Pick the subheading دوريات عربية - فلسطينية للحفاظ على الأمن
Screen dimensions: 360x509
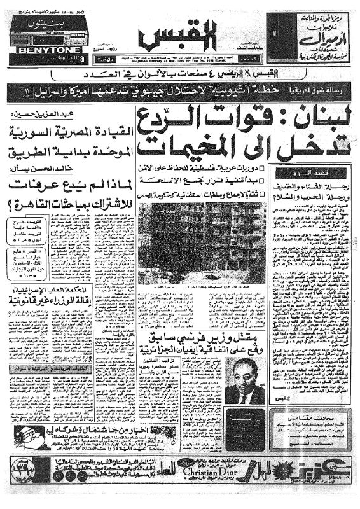click(x=210, y=167)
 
